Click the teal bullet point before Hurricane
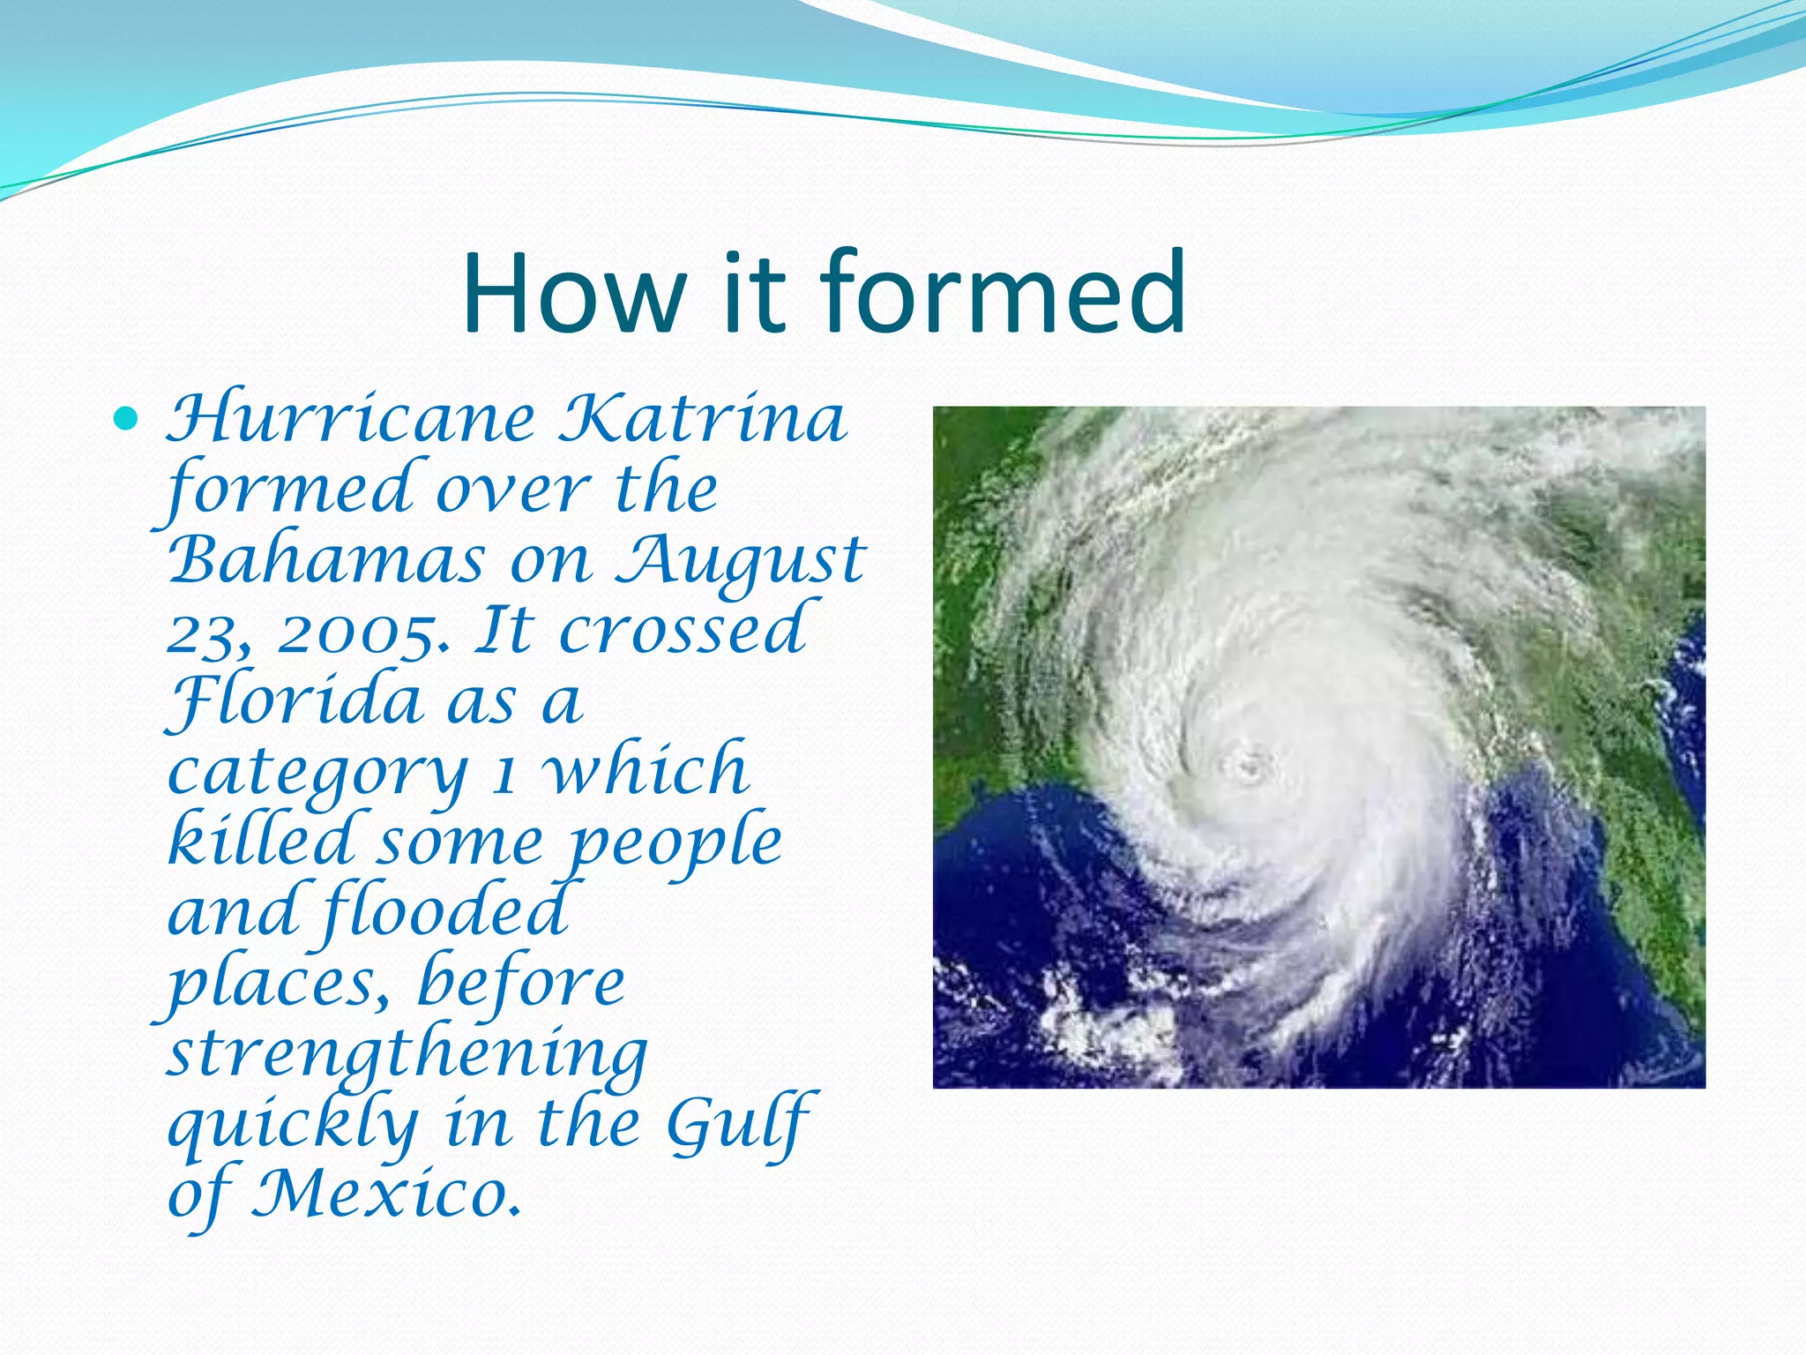click(127, 419)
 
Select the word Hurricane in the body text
click(351, 419)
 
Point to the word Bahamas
click(326, 560)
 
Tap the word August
click(739, 562)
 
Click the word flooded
click(445, 911)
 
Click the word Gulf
click(739, 1124)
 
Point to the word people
click(675, 843)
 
